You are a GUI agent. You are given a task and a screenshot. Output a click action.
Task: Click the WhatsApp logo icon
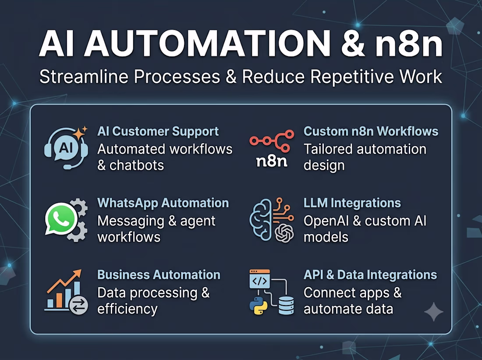click(x=61, y=218)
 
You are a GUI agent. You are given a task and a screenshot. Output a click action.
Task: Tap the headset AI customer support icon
click(x=66, y=148)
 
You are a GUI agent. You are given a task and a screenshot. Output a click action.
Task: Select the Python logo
click(x=258, y=306)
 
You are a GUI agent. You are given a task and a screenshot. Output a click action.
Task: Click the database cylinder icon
click(x=286, y=306)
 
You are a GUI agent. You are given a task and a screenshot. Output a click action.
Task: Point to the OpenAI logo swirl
click(x=284, y=233)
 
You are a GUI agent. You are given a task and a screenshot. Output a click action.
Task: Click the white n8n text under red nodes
click(x=272, y=161)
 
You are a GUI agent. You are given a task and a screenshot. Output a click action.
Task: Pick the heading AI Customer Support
click(x=158, y=132)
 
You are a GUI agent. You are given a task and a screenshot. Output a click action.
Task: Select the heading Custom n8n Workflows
click(x=371, y=132)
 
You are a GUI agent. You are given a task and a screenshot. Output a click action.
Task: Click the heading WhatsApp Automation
click(x=163, y=203)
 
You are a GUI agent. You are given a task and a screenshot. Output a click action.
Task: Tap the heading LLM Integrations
click(x=352, y=203)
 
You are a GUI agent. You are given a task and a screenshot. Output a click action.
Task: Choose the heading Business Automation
click(x=159, y=275)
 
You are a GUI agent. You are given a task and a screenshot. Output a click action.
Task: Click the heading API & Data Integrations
click(x=370, y=275)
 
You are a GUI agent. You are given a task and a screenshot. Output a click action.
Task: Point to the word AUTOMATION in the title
click(x=208, y=43)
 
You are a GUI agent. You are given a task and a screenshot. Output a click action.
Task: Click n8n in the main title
click(x=409, y=43)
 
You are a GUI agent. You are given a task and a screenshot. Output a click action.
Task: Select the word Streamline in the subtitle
click(x=84, y=77)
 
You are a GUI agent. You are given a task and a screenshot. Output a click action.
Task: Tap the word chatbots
click(x=137, y=166)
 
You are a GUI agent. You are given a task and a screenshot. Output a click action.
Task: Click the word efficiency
click(x=128, y=309)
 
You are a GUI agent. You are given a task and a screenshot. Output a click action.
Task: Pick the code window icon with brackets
click(x=260, y=279)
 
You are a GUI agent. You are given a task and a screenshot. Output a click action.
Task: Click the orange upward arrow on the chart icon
click(x=64, y=281)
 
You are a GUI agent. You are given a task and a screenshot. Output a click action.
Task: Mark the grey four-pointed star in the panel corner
click(x=434, y=312)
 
